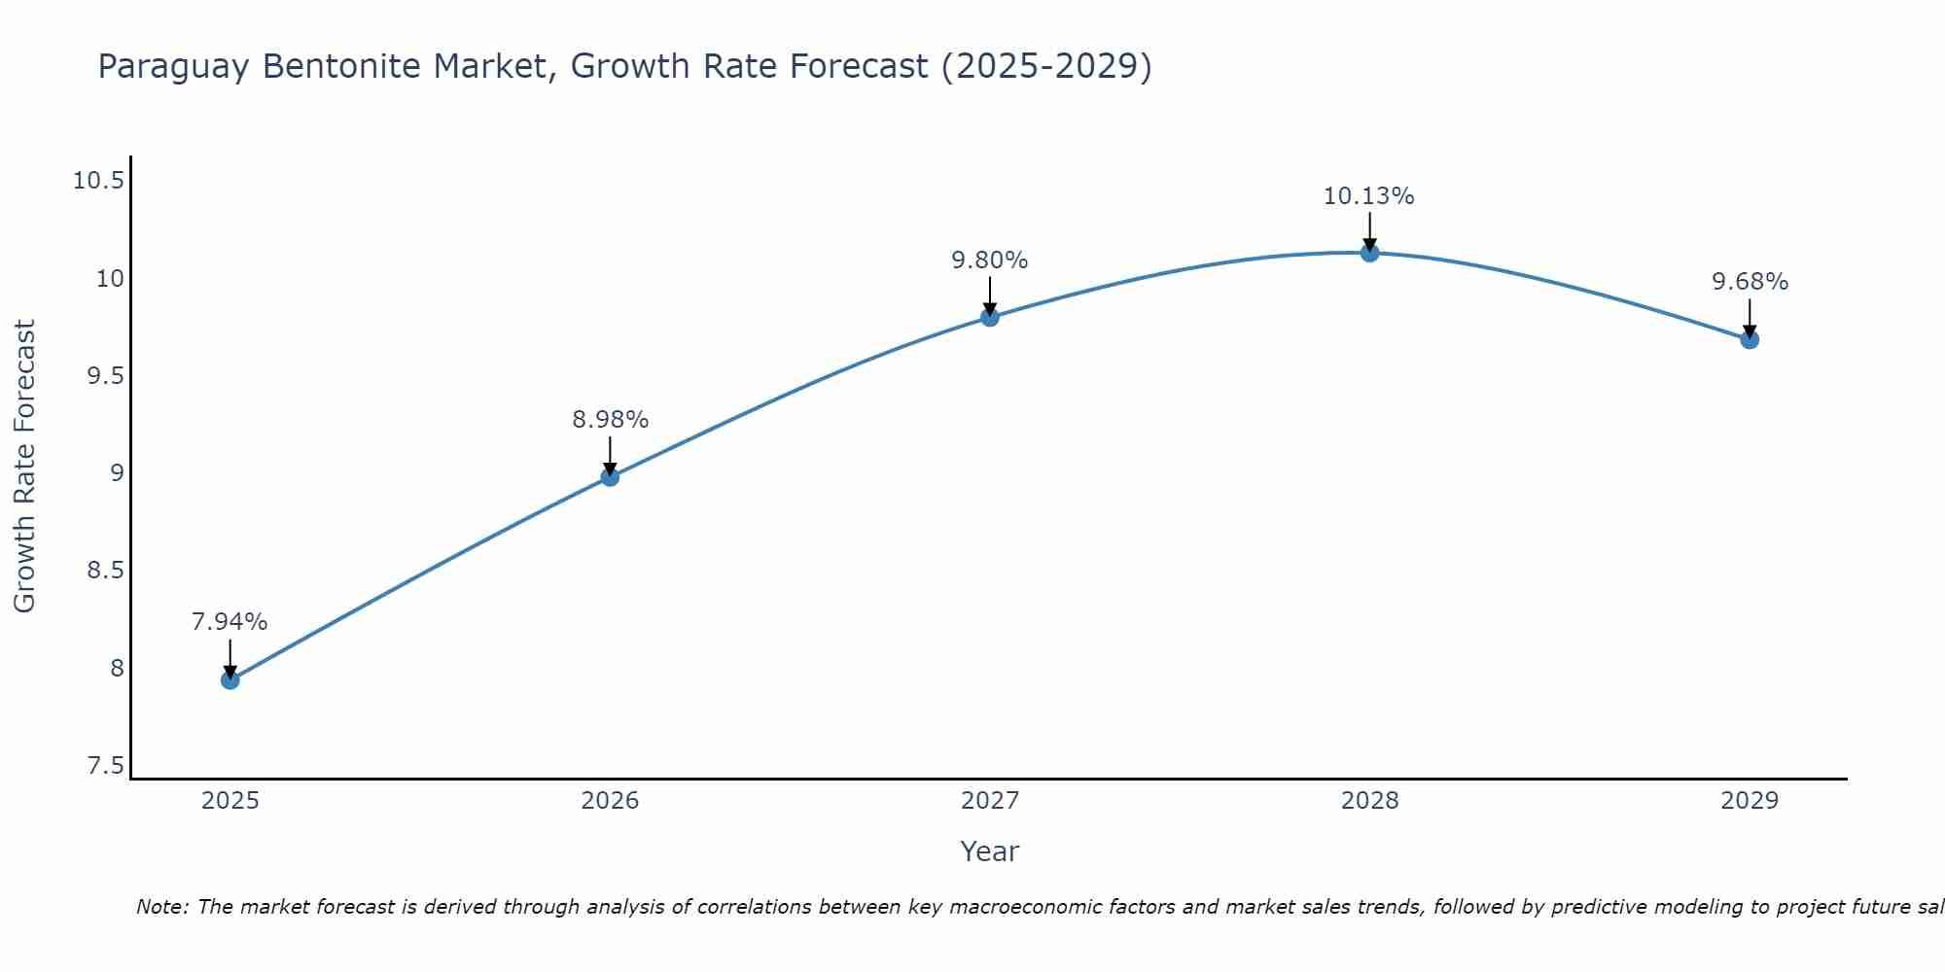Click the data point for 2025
(x=230, y=679)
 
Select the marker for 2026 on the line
(x=610, y=476)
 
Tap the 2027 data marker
(x=990, y=317)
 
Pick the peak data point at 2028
(x=1369, y=253)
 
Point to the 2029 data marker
(x=1750, y=339)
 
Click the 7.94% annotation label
(x=230, y=622)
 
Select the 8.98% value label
(x=610, y=420)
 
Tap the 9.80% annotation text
(x=989, y=260)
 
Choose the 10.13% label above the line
(x=1368, y=196)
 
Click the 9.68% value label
(x=1750, y=282)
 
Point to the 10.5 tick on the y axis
(x=98, y=181)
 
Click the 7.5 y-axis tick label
(x=105, y=766)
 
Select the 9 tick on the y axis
(x=117, y=473)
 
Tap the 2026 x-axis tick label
(x=610, y=801)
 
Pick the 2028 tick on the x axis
(x=1369, y=801)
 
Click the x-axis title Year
(x=989, y=851)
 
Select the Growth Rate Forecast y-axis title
(x=24, y=467)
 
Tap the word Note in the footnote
(x=160, y=907)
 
